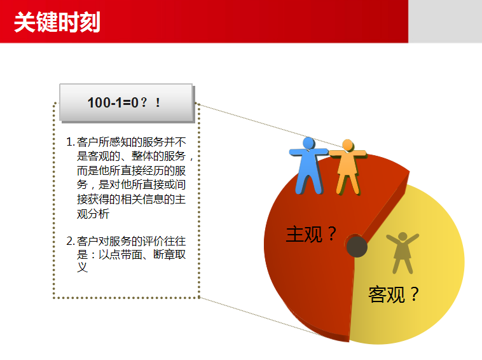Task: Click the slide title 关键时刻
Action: [x=57, y=22]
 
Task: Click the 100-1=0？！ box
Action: [x=127, y=102]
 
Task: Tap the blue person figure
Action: [x=308, y=165]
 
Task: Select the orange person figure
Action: [x=348, y=167]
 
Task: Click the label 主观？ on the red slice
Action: [x=311, y=234]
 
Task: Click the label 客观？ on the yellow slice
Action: [x=394, y=294]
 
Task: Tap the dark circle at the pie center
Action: [x=357, y=246]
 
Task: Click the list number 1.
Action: [x=71, y=142]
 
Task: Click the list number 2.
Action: [x=71, y=241]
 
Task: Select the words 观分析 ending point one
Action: [x=93, y=214]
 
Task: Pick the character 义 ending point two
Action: [x=83, y=267]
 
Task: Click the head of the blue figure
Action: [x=308, y=143]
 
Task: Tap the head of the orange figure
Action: [x=348, y=145]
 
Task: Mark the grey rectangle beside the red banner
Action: [x=445, y=21]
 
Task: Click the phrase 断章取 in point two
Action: [x=170, y=254]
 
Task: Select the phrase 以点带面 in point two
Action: [x=121, y=254]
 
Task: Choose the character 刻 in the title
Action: [x=90, y=22]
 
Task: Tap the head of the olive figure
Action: [x=403, y=237]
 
